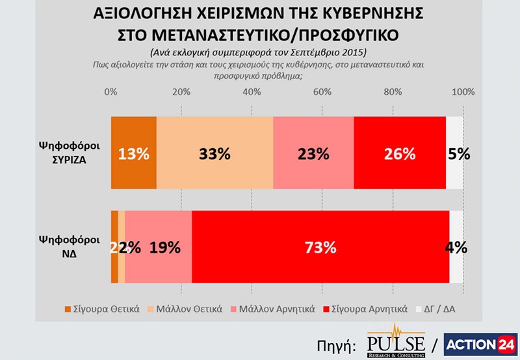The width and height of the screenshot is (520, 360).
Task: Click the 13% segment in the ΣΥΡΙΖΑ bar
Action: [x=134, y=153]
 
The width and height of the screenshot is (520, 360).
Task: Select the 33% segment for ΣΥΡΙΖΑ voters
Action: [x=214, y=153]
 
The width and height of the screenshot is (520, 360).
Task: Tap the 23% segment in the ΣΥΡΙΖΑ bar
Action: [x=313, y=153]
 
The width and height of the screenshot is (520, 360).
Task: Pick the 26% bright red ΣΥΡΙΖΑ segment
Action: [x=400, y=153]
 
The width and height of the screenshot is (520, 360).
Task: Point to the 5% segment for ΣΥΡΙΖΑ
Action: [x=455, y=153]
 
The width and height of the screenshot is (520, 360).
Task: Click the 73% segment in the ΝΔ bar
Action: [x=320, y=247]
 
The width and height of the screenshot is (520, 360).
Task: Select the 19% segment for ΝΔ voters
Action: [x=159, y=247]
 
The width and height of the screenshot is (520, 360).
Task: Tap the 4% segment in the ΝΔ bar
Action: [x=457, y=247]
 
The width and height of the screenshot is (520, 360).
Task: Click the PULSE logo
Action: [x=396, y=339]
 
